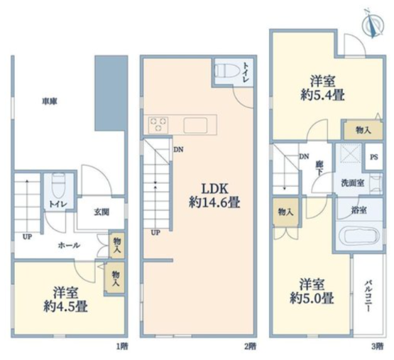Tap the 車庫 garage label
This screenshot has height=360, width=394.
50,102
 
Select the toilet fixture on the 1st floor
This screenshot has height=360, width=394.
58,186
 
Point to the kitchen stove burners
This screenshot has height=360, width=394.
158,125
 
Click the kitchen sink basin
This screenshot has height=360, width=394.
195,125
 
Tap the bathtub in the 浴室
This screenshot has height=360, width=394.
359,237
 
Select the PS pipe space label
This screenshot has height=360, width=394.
374,157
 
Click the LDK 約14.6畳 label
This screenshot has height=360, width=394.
214,195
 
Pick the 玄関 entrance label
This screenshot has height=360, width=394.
102,212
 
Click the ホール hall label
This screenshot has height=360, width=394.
69,246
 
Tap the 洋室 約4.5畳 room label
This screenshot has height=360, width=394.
65,300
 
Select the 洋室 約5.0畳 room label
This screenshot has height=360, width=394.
312,291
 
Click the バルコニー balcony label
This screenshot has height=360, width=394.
368,297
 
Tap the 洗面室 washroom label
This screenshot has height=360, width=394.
353,183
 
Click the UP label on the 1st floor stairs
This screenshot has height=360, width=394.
27,237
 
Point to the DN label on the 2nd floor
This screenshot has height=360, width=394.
178,150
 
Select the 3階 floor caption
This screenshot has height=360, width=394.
378,347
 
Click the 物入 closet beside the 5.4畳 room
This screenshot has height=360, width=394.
363,130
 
